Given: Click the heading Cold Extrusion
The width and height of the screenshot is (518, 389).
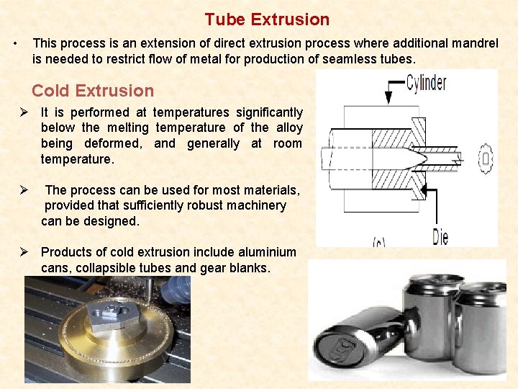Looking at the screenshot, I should click(93, 91).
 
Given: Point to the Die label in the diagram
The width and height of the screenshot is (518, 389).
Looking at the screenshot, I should click(440, 236).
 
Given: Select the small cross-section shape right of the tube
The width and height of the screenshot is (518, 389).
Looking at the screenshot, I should click(486, 157).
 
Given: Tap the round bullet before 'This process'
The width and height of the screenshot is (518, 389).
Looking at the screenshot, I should click(16, 44).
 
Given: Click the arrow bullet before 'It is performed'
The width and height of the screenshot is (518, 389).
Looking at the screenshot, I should click(24, 112).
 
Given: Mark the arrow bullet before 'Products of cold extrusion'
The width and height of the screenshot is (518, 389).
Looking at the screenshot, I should click(24, 252).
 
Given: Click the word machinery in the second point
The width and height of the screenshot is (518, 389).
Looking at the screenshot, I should click(250, 205).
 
